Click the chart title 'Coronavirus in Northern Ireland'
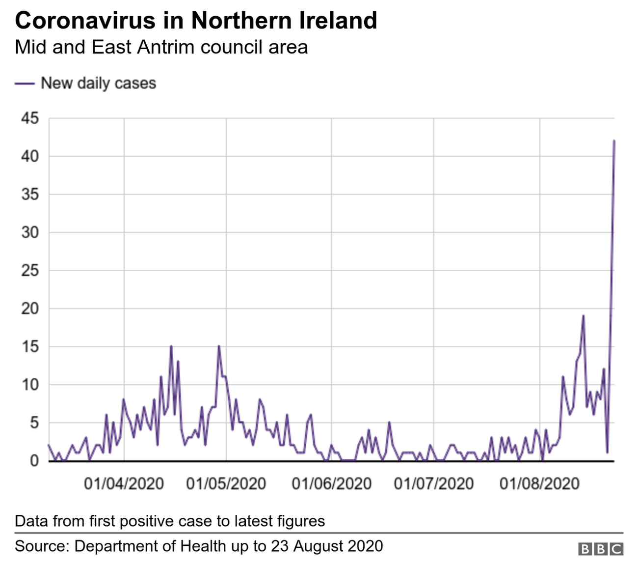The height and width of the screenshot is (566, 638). tap(196, 21)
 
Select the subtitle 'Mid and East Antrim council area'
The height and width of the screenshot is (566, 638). tap(161, 47)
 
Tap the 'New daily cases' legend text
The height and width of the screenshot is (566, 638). tap(98, 83)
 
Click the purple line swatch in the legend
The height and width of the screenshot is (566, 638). tap(25, 84)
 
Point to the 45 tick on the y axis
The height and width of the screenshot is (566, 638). tap(29, 118)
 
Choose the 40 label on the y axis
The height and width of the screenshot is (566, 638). tap(29, 156)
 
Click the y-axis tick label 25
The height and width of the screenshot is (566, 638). tap(29, 271)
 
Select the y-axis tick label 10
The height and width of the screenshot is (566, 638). tap(29, 385)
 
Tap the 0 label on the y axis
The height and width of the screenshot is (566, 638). tap(34, 461)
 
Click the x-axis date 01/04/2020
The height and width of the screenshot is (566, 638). tap(124, 483)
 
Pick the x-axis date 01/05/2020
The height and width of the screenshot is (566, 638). tap(226, 483)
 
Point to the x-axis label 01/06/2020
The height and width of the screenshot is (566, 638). tap(331, 483)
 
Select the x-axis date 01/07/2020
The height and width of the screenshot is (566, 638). tap(434, 483)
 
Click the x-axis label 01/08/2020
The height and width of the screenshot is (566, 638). tap(539, 483)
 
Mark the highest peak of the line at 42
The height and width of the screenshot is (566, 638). tap(614, 141)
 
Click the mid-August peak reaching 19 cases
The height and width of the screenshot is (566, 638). tap(583, 316)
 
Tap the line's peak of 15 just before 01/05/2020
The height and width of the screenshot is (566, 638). tap(219, 346)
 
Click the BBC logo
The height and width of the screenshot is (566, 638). tap(600, 549)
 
